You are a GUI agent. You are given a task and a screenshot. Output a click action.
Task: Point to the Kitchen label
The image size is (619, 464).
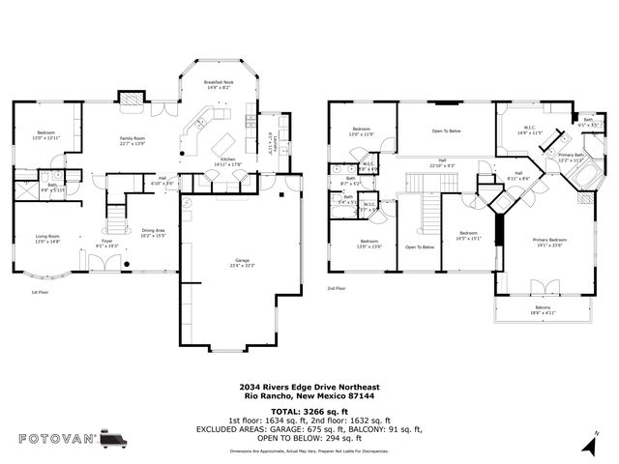coord(227,161)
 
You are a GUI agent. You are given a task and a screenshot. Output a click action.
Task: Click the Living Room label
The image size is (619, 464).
coord(48,238)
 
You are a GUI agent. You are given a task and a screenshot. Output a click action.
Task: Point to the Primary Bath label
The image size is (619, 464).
coord(571,158)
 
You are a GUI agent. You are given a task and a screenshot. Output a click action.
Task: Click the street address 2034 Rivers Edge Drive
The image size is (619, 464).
coord(309,387)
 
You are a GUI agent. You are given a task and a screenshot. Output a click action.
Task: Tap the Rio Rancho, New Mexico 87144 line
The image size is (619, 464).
coord(309,395)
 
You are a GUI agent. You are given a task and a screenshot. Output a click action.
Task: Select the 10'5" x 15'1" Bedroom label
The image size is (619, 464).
coord(468,236)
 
